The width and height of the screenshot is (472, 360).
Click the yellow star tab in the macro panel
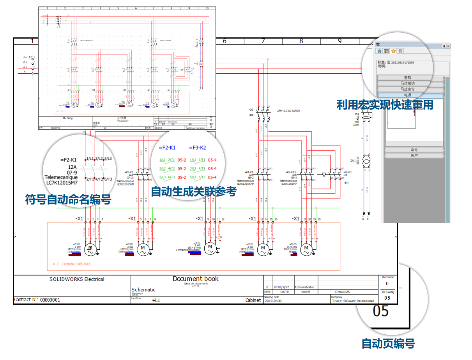click(x=394, y=51)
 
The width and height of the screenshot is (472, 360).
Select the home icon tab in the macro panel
click(x=379, y=51)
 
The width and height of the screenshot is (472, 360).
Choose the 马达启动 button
click(x=410, y=83)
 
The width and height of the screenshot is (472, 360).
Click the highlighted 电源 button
click(x=410, y=95)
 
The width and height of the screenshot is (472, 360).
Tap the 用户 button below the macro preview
click(x=414, y=155)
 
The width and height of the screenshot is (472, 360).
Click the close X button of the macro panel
click(x=447, y=46)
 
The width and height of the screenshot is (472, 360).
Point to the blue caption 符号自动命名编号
click(x=68, y=200)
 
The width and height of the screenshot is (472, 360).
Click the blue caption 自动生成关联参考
click(x=193, y=191)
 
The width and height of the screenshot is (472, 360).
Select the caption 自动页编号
click(x=388, y=343)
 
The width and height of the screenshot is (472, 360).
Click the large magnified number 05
click(x=381, y=311)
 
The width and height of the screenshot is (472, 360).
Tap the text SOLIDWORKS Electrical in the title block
click(x=77, y=279)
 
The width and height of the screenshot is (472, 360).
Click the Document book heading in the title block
click(x=196, y=279)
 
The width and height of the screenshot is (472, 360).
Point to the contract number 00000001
click(x=50, y=300)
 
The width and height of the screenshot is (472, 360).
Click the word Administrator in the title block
click(x=304, y=287)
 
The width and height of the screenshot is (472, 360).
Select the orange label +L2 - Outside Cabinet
click(x=71, y=264)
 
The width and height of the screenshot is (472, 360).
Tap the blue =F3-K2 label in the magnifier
click(x=197, y=148)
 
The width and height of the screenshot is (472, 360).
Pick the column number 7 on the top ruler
click(x=263, y=41)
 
